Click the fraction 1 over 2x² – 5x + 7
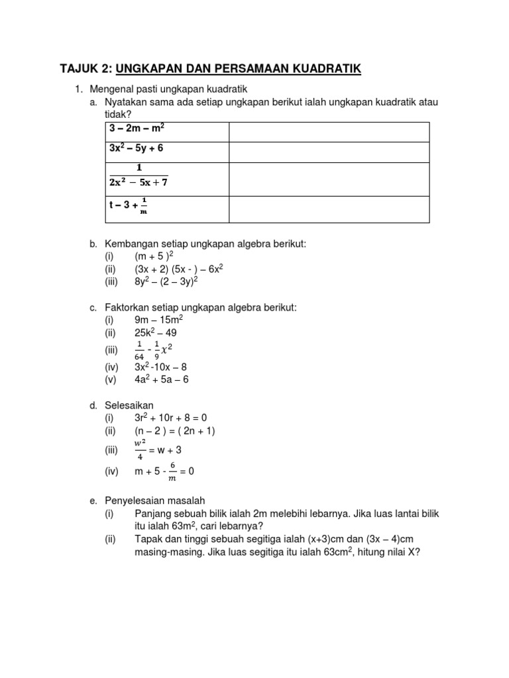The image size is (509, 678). tap(139, 177)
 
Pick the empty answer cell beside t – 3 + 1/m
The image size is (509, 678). tap(329, 209)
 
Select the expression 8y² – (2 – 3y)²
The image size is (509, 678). tap(166, 280)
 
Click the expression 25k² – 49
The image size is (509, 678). tap(156, 332)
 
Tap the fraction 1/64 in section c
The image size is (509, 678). tap(139, 349)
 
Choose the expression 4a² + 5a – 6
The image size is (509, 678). tap(162, 379)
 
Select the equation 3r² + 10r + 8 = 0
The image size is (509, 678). tap(171, 418)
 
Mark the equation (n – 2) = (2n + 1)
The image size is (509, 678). tap(175, 431)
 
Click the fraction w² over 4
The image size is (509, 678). tap(140, 450)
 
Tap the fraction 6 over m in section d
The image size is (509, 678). tap(172, 471)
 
